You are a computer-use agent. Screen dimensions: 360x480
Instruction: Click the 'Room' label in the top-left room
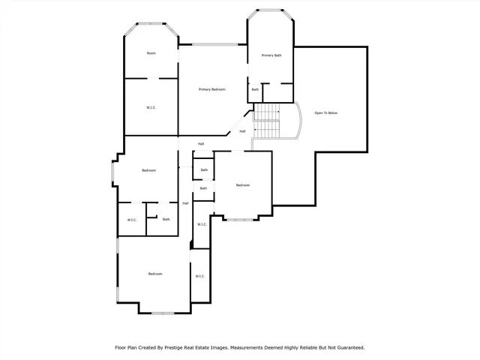coord(151,53)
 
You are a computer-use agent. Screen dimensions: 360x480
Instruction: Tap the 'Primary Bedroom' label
coord(212,89)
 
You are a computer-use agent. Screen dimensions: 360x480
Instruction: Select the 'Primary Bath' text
coord(271,55)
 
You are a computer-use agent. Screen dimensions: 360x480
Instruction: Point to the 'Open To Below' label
coord(326,112)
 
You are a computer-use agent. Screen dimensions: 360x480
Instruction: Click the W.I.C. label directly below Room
coord(151,107)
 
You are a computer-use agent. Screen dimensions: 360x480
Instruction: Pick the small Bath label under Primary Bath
coord(255,90)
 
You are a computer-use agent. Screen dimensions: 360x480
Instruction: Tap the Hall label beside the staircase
coord(242,131)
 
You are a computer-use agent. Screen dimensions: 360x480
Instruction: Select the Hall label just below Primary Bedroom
coord(201,144)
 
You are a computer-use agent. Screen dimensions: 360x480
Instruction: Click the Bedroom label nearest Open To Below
coord(242,185)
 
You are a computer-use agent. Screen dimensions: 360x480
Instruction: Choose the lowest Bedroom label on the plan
coord(154,274)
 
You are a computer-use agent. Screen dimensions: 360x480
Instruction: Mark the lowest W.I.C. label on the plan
coord(200,276)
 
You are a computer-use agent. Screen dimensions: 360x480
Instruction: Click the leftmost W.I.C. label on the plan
coord(131,220)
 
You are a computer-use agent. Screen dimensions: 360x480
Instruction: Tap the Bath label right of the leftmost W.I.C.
coord(166,220)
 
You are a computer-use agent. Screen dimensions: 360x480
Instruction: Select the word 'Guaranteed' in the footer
coord(349,348)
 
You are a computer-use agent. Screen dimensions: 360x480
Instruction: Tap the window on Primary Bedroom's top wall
coord(212,44)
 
